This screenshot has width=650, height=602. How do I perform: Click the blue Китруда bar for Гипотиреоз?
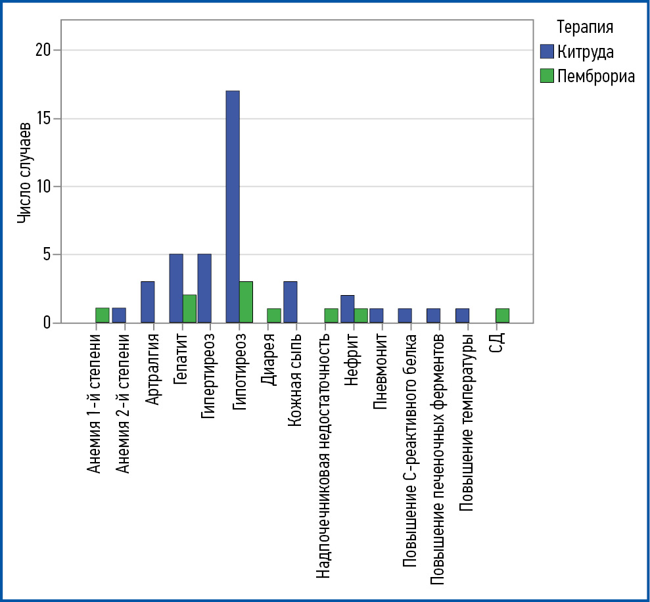pos(233,206)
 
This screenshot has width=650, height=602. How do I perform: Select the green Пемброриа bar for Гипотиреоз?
pos(246,302)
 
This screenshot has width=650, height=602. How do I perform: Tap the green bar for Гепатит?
pos(189,309)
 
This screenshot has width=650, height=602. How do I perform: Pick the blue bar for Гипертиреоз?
pos(204,289)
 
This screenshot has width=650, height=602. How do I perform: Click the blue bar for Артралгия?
pos(148,302)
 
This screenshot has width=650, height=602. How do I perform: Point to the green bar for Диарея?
pos(274,315)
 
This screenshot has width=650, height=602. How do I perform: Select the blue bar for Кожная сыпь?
pos(290,302)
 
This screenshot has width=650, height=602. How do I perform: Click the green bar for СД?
pos(502,315)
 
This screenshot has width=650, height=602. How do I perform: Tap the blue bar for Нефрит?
pos(347,309)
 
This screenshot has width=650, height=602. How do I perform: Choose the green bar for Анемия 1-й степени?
pos(102,315)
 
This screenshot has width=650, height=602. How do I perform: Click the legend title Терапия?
pos(585,27)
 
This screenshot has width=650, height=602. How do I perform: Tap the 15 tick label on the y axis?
pos(43,118)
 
